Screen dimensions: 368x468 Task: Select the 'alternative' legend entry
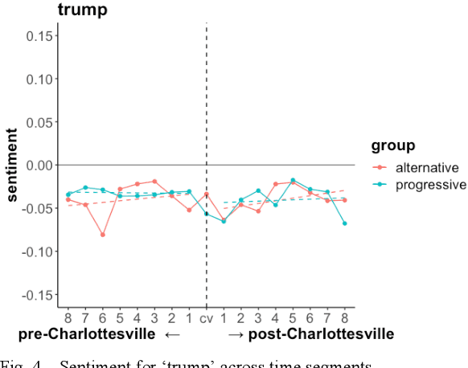(426, 168)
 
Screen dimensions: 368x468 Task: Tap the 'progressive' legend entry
(429, 185)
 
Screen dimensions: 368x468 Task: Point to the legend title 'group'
(393, 145)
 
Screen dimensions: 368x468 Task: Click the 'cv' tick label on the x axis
(207, 317)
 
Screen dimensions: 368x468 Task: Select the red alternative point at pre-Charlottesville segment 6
(103, 235)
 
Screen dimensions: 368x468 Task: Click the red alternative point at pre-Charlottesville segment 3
(154, 182)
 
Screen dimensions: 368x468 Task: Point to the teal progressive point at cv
(207, 214)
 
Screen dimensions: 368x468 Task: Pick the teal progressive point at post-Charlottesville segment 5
(293, 180)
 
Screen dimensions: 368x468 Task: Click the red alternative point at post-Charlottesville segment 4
(275, 184)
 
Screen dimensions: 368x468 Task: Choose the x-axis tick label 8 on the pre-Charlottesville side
(68, 317)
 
